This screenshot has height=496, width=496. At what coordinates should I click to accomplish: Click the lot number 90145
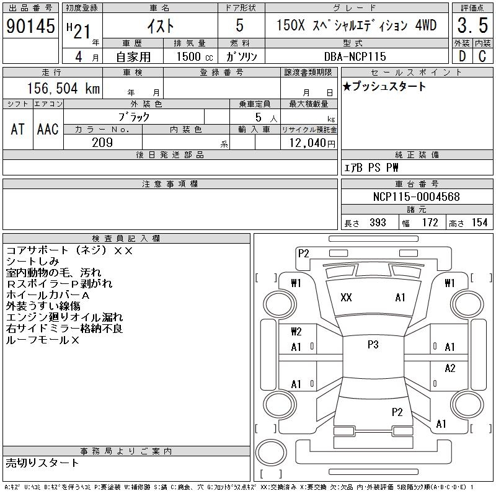pyautogui.click(x=30, y=26)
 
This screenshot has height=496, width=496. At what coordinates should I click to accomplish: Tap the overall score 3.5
pyautogui.click(x=472, y=25)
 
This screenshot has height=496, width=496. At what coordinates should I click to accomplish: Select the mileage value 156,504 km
pyautogui.click(x=63, y=88)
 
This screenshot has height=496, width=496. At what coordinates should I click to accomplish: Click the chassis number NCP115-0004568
pyautogui.click(x=416, y=197)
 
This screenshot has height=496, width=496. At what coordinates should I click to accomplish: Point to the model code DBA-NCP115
pyautogui.click(x=355, y=56)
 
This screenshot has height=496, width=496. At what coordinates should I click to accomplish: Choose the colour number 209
pyautogui.click(x=102, y=143)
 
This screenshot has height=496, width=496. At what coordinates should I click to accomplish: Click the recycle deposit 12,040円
pyautogui.click(x=312, y=143)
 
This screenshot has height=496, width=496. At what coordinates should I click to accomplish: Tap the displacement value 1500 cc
pyautogui.click(x=195, y=56)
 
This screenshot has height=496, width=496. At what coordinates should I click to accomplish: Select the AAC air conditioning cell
pyautogui.click(x=48, y=129)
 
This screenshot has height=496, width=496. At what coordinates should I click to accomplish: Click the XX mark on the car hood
pyautogui.click(x=346, y=298)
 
